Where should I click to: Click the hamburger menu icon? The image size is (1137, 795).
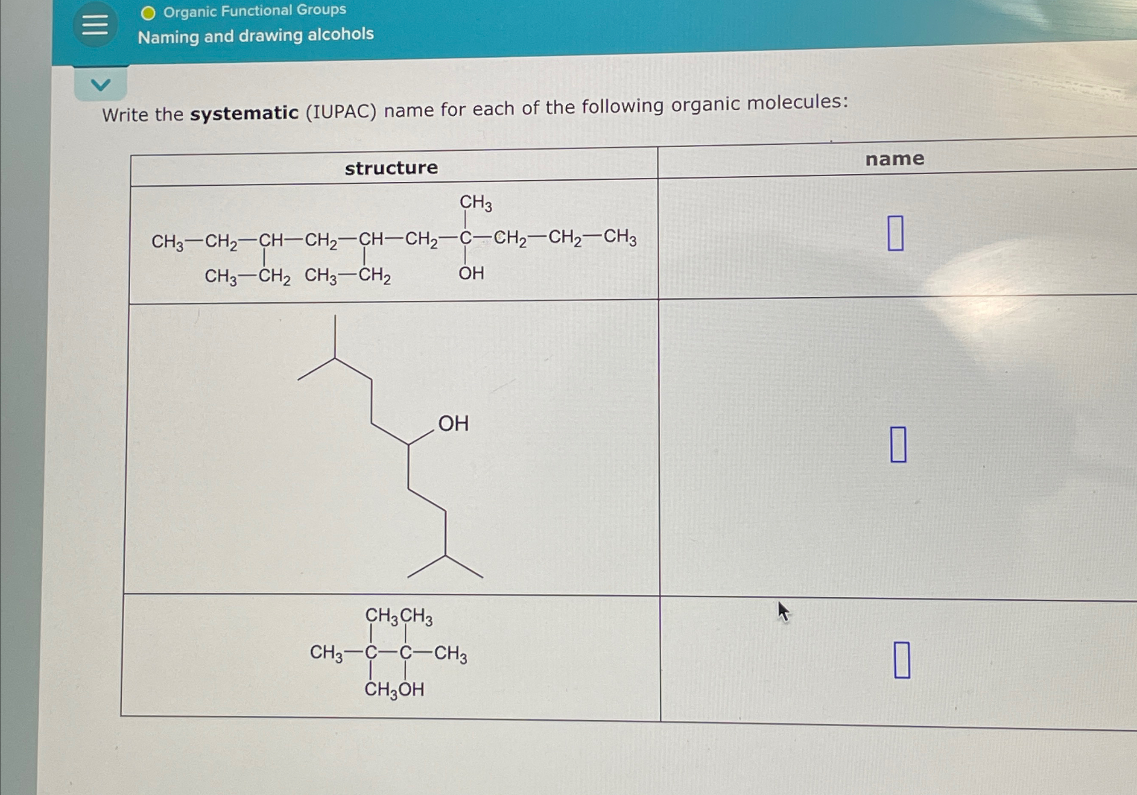coord(95,25)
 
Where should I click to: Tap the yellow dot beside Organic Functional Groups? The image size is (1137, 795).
coord(148,13)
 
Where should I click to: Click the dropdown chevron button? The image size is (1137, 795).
coord(100,85)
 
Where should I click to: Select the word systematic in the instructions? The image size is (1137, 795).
coord(245,114)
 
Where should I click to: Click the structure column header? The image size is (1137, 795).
coord(391,168)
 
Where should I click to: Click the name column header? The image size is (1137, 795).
coord(894,159)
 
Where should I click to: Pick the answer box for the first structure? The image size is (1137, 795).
coord(895,233)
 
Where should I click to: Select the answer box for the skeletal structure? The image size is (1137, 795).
coord(898,444)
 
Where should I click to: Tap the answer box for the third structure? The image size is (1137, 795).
coord(902,660)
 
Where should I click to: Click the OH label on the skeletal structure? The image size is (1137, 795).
coord(453,424)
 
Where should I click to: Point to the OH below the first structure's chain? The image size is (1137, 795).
coord(471,273)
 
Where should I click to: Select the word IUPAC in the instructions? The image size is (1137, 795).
coord(341,111)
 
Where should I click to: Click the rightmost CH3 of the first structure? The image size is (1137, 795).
coord(620,237)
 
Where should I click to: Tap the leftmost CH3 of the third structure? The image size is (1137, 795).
coord(326,653)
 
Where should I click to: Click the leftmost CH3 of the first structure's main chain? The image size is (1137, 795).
coord(167,242)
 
